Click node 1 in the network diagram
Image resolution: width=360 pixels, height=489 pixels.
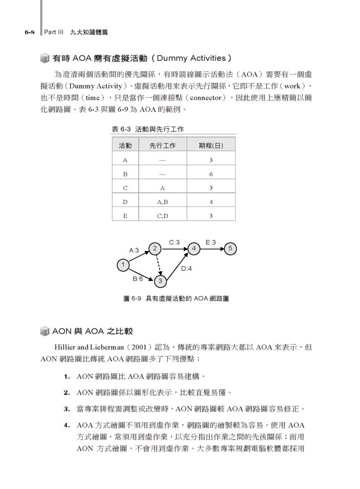(124, 265)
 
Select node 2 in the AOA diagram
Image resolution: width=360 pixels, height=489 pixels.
(155, 249)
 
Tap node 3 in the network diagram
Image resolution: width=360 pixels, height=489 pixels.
(161, 281)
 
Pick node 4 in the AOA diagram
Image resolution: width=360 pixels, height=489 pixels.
(194, 249)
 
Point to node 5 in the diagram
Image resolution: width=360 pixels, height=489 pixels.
(231, 249)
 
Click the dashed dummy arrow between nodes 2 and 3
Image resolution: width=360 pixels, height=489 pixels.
(157, 265)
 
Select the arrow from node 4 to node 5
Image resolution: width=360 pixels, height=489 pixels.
(212, 249)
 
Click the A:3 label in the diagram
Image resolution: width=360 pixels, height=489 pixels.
(134, 250)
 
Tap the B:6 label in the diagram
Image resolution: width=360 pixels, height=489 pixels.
(138, 278)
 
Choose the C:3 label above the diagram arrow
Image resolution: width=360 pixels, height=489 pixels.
(174, 242)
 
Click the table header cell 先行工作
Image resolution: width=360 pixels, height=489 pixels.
(162, 146)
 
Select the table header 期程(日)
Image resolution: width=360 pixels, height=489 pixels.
(211, 146)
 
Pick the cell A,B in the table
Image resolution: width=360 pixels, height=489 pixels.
(162, 202)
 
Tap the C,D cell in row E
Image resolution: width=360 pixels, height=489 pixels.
(162, 216)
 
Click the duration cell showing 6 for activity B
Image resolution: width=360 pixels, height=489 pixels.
(211, 174)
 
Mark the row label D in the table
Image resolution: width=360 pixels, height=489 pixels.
(125, 202)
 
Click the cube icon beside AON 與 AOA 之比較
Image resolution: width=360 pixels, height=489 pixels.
(45, 331)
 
